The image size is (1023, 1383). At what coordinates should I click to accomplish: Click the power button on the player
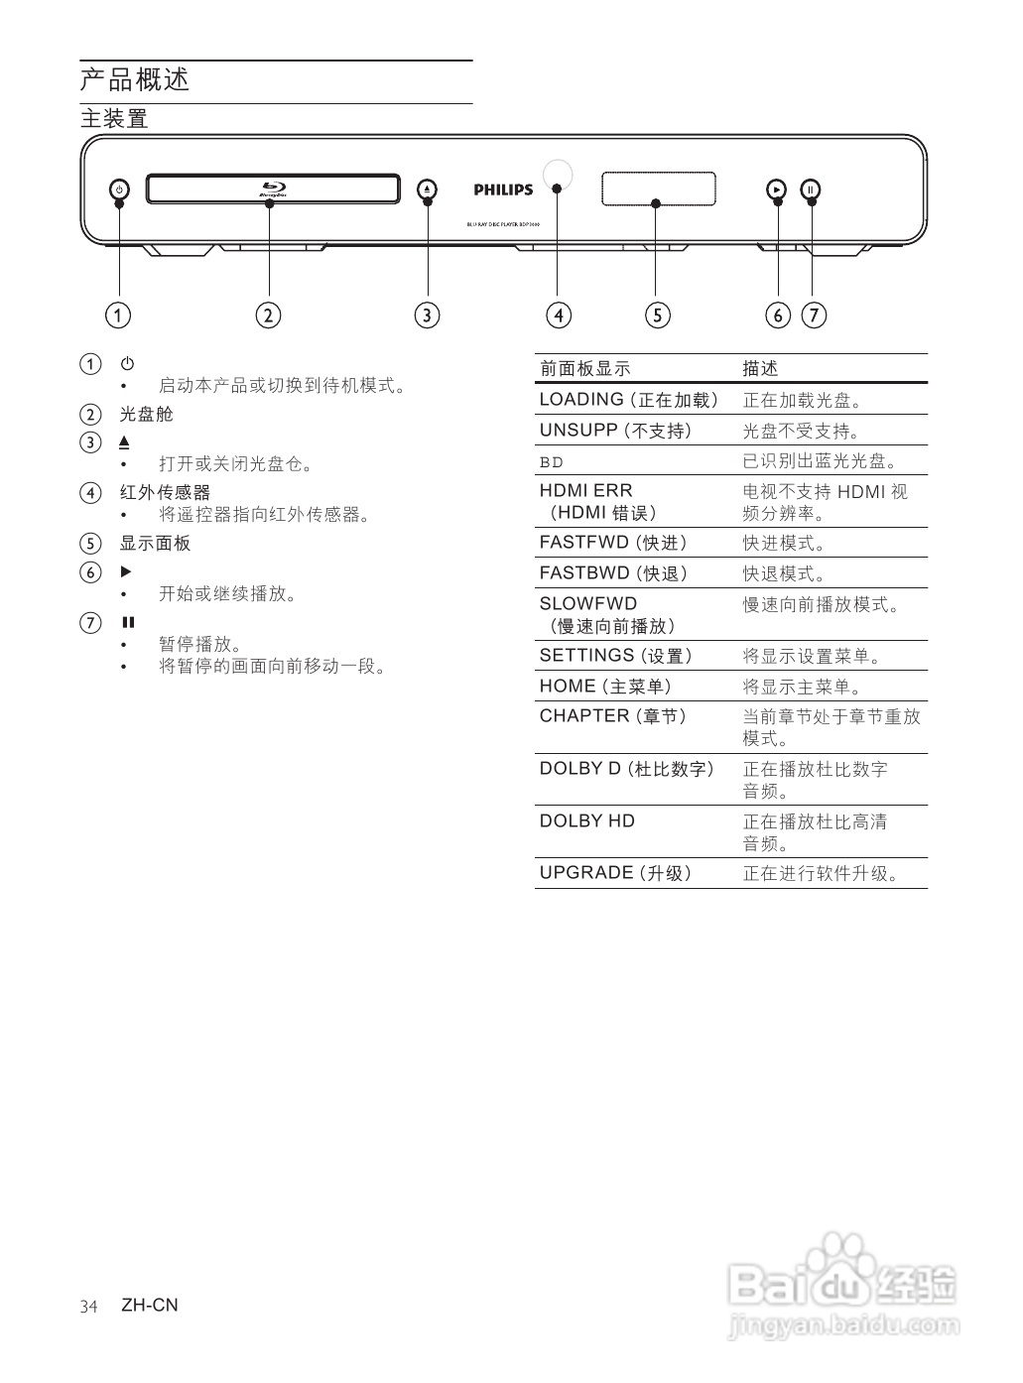point(118,189)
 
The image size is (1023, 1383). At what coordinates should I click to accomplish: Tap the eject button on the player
point(427,189)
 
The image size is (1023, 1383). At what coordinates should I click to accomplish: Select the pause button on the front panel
point(812,189)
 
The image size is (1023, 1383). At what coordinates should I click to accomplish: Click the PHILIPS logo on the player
point(503,189)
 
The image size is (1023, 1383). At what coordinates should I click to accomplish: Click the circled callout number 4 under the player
point(559,315)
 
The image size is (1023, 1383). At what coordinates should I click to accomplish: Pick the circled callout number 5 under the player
point(657,315)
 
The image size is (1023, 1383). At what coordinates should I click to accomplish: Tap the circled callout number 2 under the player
point(268,315)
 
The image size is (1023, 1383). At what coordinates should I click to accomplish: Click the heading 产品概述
point(135,79)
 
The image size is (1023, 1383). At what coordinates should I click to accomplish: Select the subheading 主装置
point(114,119)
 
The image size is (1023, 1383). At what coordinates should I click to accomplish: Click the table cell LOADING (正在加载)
point(627,400)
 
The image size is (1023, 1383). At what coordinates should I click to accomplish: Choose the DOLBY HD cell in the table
point(586,820)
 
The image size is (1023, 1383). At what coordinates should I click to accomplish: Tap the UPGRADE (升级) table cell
point(615,873)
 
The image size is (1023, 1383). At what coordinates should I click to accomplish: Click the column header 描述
point(761,369)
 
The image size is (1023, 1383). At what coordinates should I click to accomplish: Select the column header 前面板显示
point(584,369)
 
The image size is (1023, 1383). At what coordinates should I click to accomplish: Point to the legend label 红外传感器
point(165,492)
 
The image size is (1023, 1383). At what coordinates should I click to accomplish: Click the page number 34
point(89,1306)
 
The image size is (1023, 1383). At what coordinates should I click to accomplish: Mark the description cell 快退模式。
point(785,573)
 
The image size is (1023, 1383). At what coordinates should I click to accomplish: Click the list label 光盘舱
point(147,414)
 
